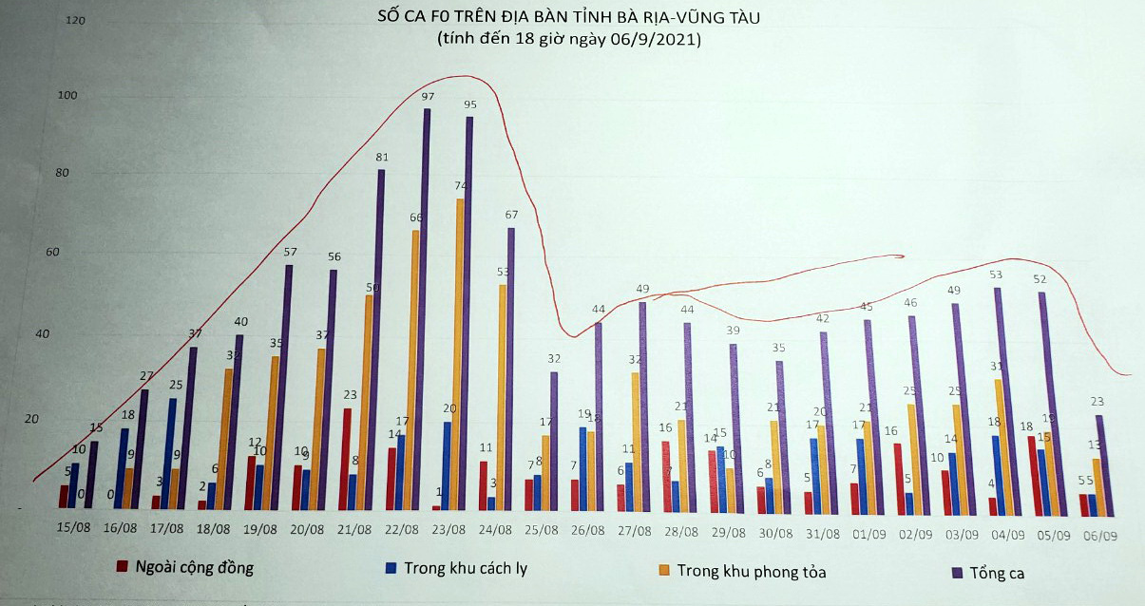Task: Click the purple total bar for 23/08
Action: pos(468,313)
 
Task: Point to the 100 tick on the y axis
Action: pos(68,95)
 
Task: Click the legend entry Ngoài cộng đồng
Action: pos(186,568)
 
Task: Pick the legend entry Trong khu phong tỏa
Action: pos(737,571)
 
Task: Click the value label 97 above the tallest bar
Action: pos(428,97)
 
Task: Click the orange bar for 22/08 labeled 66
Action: pos(415,369)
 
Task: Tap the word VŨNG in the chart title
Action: pos(697,17)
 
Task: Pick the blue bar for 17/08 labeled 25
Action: pos(172,454)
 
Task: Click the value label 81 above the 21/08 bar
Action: pos(381,157)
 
